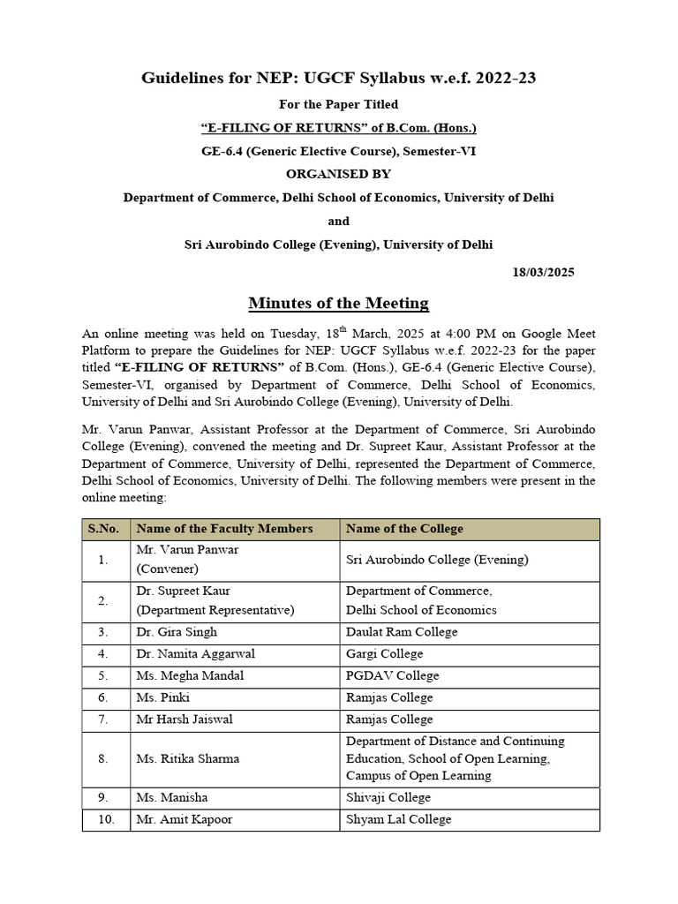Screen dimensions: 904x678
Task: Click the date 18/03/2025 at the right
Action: (543, 272)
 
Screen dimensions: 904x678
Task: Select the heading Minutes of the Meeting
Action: (338, 303)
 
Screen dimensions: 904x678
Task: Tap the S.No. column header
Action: (105, 529)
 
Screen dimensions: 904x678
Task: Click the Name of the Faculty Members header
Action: (224, 529)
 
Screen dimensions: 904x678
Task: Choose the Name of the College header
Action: (404, 529)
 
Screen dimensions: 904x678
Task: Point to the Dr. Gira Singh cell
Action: (177, 632)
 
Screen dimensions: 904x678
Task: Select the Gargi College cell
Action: (384, 654)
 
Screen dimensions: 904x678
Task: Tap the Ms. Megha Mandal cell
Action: (190, 675)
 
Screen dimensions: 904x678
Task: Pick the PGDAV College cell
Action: (388, 675)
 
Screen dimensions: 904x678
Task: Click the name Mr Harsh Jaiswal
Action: (185, 719)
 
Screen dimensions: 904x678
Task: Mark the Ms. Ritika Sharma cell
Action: (187, 758)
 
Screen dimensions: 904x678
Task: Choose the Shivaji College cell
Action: (388, 798)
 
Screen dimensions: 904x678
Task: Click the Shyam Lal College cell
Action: (398, 819)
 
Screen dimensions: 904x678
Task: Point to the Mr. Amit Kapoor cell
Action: (184, 819)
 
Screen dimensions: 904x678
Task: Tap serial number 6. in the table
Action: (104, 697)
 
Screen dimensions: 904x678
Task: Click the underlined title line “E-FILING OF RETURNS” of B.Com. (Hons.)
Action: (338, 128)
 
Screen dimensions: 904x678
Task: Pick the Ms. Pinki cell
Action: (161, 697)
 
